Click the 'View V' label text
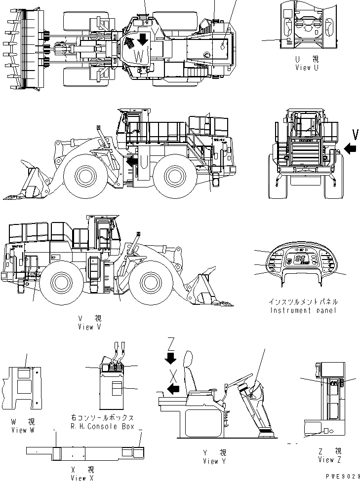point(89,327)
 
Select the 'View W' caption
point(23,431)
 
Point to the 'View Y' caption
point(214,461)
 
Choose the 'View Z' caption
point(329,460)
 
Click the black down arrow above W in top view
point(141,39)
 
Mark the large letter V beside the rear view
point(355,133)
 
